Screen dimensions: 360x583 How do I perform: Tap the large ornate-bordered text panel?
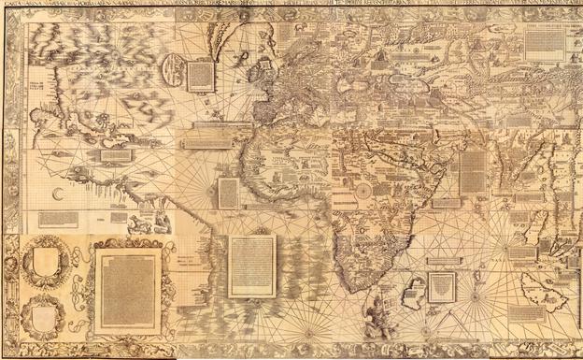click(127, 290)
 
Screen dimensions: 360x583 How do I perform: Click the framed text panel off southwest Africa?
click(252, 266)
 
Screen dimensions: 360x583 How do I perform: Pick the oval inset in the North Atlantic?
click(173, 70)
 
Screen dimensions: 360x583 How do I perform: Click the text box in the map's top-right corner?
click(545, 43)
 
